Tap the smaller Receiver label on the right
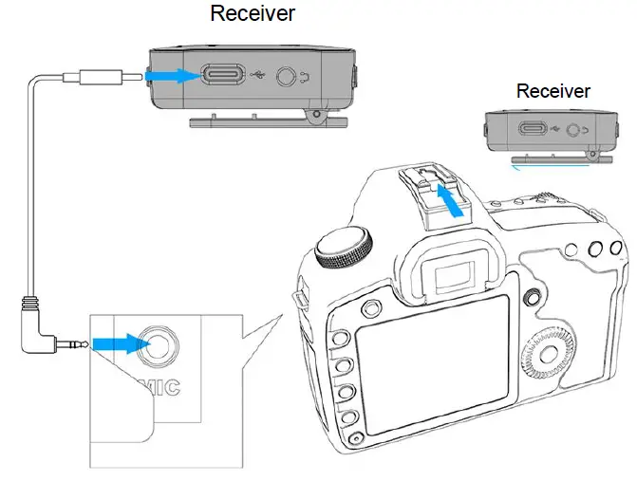[553, 91]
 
